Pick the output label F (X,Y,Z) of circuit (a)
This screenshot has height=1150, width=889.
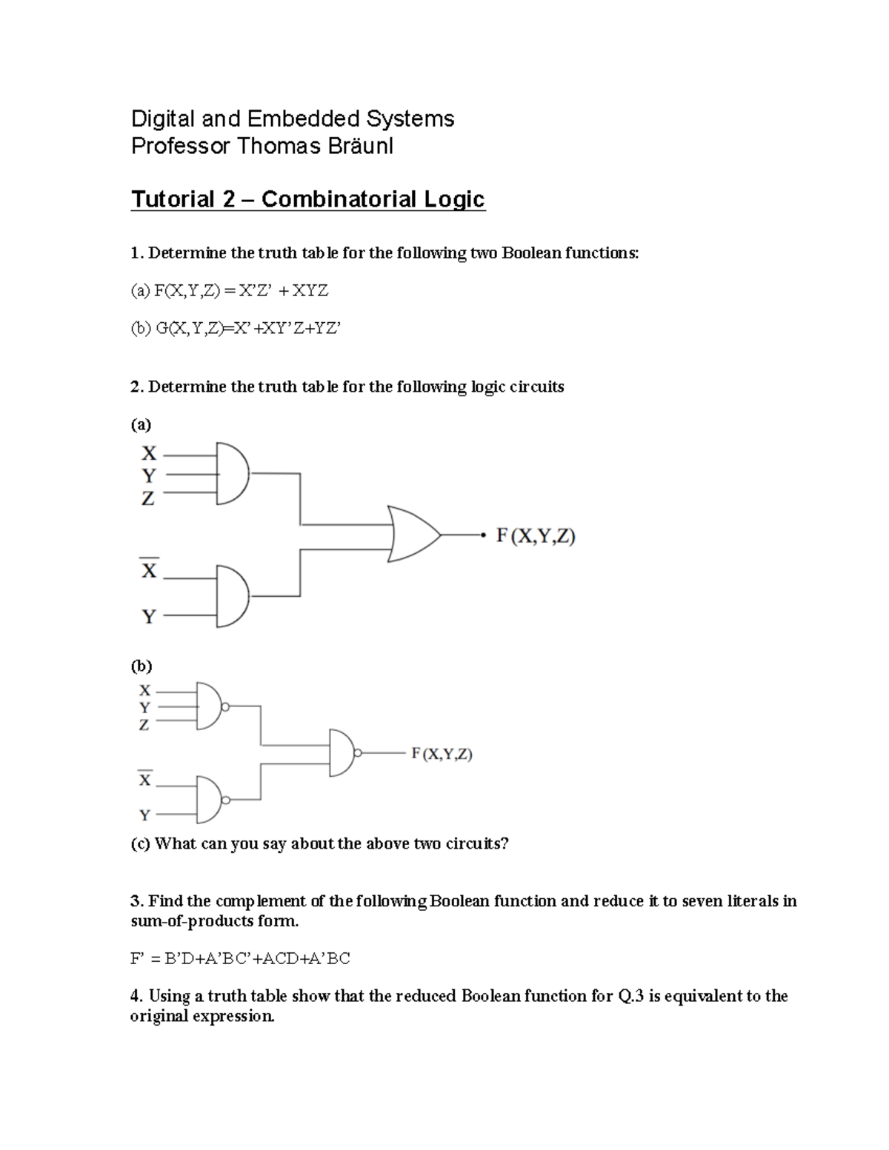click(536, 535)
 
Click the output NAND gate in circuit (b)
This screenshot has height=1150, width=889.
click(342, 753)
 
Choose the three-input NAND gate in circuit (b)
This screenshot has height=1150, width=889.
click(209, 706)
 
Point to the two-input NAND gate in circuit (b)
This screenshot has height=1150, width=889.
click(209, 800)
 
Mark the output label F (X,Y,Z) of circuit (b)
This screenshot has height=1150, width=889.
click(442, 754)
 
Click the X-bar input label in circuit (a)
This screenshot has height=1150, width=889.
click(150, 569)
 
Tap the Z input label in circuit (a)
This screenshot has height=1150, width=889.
click(148, 499)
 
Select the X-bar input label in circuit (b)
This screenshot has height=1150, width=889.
click(144, 779)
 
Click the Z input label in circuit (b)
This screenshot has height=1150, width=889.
click(144, 725)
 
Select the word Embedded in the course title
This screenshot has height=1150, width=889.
click(302, 118)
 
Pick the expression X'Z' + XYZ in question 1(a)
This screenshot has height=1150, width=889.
click(281, 291)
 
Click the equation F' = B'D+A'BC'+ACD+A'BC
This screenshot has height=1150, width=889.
click(240, 959)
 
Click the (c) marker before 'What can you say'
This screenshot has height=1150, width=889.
click(140, 844)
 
